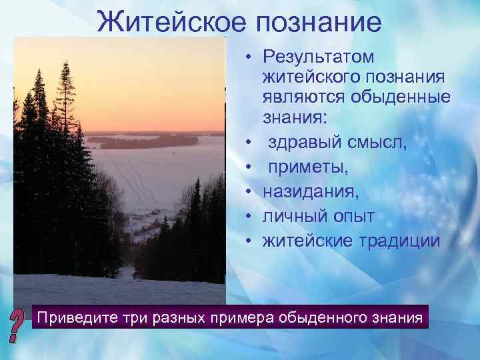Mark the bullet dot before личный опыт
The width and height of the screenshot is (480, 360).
coord(247,217)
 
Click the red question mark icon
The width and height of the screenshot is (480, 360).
coord(18,324)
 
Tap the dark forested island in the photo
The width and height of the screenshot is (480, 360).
coord(143,141)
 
